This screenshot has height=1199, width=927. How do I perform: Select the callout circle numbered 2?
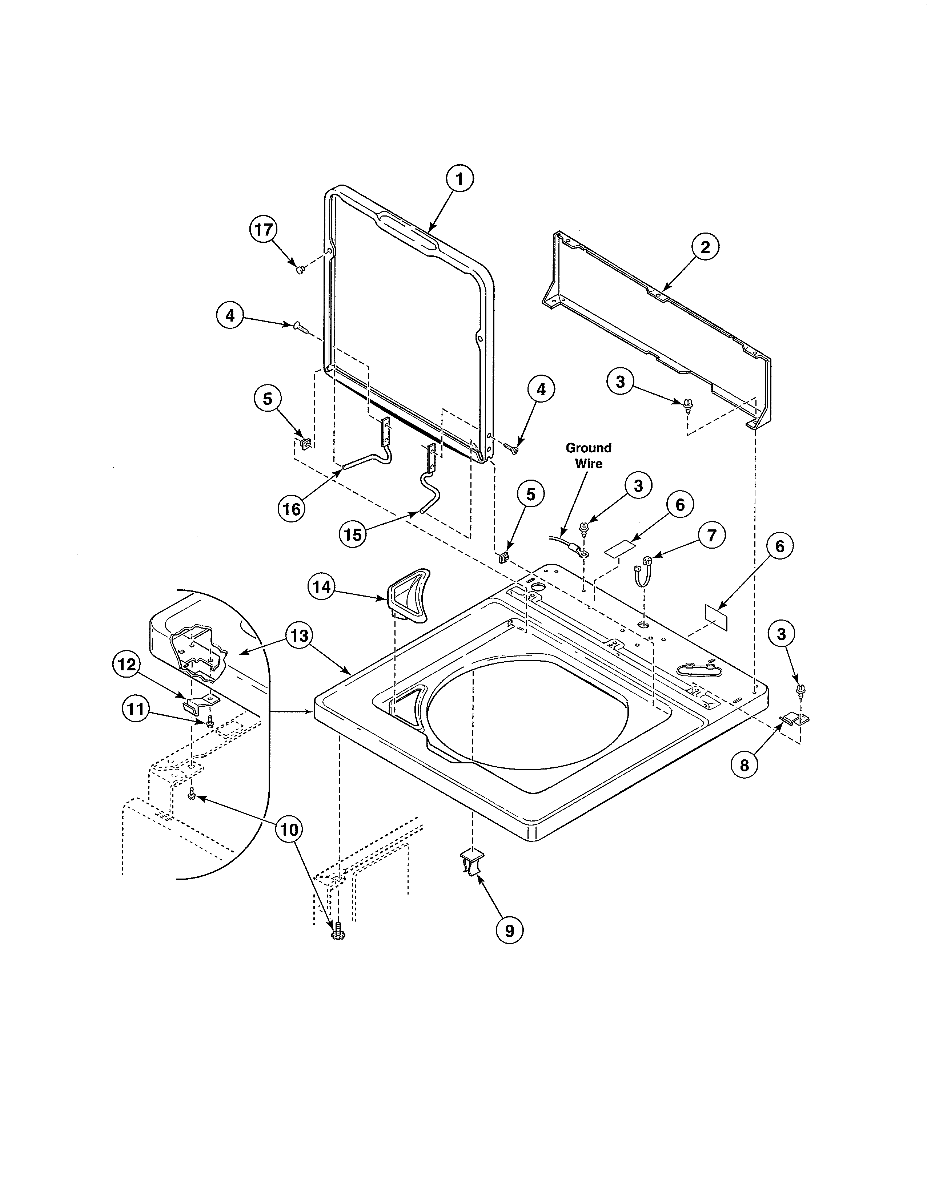(705, 247)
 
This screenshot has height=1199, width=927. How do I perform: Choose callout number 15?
(353, 534)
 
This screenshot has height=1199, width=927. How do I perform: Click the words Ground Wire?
(588, 456)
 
